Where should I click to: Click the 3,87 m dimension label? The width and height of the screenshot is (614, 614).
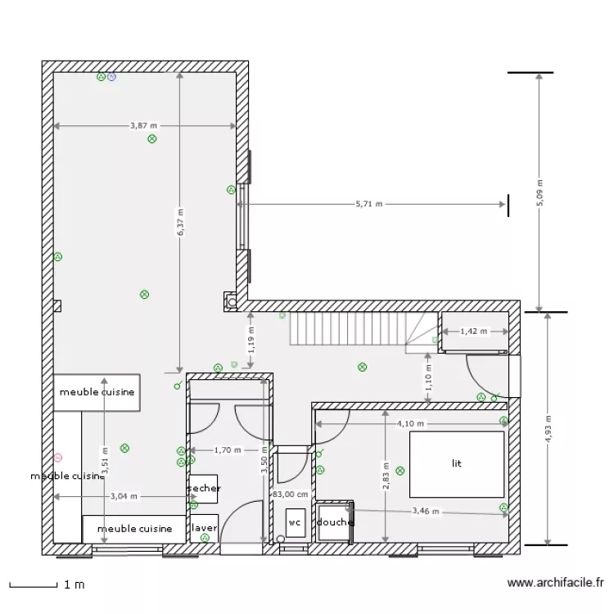pos(143,126)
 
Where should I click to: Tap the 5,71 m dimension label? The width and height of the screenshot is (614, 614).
pos(369,205)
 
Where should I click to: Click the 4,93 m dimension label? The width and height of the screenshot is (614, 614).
pos(548,427)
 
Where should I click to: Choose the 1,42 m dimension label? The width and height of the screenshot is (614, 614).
pos(472,332)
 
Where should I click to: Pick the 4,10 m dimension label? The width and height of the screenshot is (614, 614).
pos(410,424)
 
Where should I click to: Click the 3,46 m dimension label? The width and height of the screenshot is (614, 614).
pos(425,512)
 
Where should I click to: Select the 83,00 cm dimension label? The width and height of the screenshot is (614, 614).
pos(290,494)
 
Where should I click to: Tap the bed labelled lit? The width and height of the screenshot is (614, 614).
pos(457,463)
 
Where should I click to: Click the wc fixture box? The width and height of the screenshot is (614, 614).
pos(294,522)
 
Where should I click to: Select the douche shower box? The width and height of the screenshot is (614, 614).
pos(334,522)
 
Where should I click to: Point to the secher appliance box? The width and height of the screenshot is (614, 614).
pos(204,489)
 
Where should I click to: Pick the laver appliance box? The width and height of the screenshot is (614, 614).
pos(204,528)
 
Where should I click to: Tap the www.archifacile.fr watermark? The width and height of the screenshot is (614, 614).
pos(556,583)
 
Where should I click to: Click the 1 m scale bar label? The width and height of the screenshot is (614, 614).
pos(74,585)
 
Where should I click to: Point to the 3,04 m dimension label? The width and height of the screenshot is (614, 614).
pos(124,496)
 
